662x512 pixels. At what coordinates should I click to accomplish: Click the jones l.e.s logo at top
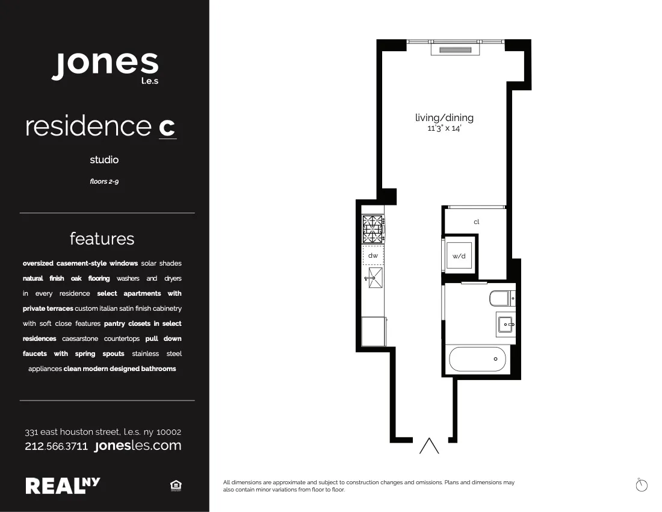pos(105,66)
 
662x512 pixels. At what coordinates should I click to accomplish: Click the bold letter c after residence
pos(167,126)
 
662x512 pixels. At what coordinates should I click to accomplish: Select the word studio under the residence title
pos(104,160)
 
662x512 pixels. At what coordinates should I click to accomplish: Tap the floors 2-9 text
pos(104,181)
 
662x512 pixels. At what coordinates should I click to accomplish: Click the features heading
pos(102,239)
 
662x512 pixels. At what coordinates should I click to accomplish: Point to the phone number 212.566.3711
pos(57,446)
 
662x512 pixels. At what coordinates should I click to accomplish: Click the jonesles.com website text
pos(138,446)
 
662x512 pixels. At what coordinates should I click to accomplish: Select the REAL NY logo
pos(63,485)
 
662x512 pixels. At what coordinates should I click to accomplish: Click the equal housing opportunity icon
pos(176,485)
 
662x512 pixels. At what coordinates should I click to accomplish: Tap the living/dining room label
pos(444,117)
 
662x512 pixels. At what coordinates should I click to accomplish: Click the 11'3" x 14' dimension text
pos(444,128)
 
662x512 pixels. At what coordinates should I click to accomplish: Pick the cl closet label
pos(476,222)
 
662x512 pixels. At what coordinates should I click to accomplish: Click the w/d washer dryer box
pos(459,255)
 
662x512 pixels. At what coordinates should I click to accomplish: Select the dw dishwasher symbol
pos(373,255)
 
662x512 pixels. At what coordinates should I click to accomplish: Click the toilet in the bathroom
pos(502,298)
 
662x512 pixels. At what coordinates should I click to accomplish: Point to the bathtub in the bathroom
pos(477,360)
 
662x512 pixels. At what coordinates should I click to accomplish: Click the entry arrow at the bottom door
pos(429,446)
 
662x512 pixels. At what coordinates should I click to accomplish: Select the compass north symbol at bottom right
pos(642,484)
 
